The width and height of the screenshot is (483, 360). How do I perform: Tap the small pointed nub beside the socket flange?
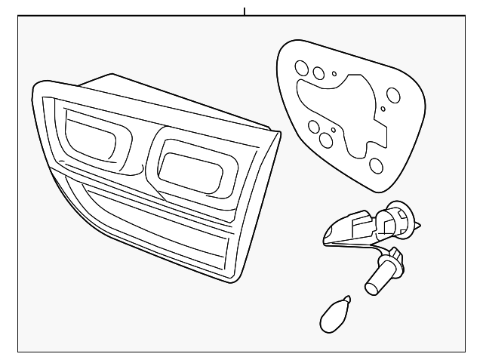pos(418,226)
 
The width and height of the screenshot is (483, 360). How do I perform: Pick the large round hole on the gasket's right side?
pos(392,96)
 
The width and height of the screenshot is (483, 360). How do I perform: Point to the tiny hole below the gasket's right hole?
pos(383,110)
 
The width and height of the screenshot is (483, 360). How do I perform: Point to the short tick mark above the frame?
pos(245,11)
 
